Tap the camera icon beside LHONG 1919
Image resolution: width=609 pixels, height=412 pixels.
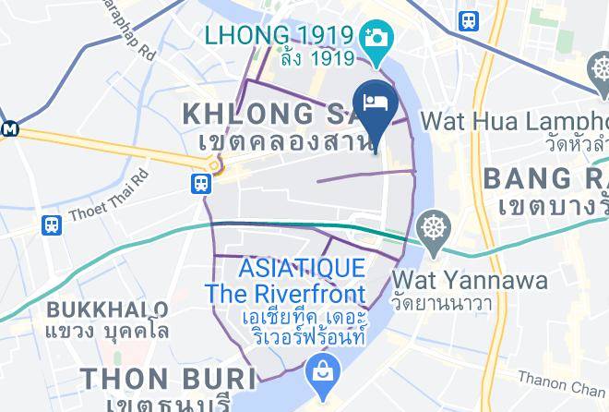click(377, 38)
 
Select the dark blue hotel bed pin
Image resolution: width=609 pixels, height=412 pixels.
click(375, 104)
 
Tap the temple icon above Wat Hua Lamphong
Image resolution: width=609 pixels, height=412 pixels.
click(597, 69)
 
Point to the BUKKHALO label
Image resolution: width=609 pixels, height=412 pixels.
click(107, 308)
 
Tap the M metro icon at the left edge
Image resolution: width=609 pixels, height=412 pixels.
click(8, 128)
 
